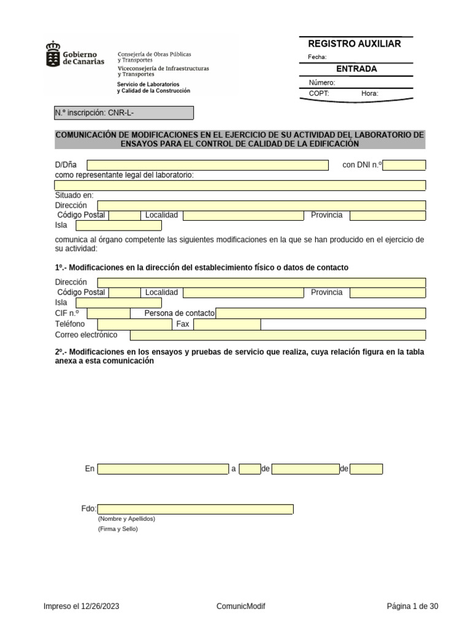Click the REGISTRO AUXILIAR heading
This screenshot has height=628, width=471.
point(354,44)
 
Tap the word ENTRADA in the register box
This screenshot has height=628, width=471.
point(356,69)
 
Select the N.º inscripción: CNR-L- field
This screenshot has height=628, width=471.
point(124,113)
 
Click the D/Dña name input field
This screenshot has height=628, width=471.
point(207,165)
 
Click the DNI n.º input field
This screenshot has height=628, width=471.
point(404,165)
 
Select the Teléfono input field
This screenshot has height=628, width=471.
point(134,324)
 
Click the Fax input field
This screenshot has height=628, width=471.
point(227,324)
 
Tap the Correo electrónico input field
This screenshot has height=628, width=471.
point(278,335)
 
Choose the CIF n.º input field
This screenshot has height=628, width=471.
point(109,313)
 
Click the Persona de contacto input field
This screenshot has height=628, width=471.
point(320,313)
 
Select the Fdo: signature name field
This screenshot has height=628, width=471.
point(195,509)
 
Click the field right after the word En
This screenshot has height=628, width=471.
point(163,469)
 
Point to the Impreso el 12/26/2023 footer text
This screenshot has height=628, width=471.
point(81,607)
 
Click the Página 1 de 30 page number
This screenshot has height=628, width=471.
point(412,607)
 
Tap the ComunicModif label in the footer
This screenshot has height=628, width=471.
point(241,607)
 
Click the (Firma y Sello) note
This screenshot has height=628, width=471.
point(118,529)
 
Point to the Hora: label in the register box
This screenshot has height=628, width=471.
point(370,94)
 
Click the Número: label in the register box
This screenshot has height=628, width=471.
point(322,83)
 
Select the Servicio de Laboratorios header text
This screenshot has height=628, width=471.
point(148,84)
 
